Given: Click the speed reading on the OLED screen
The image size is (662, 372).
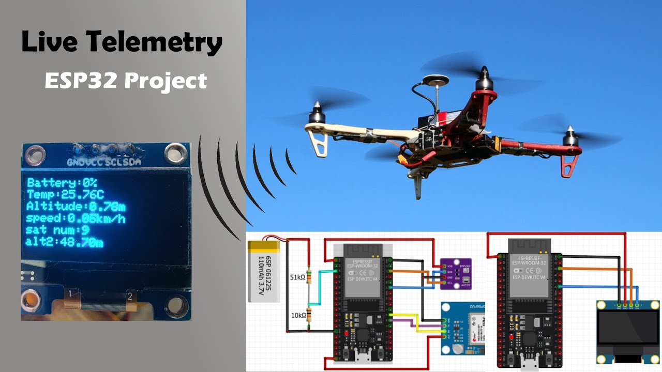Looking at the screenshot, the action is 76,219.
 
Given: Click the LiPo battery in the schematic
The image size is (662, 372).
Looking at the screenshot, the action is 264,271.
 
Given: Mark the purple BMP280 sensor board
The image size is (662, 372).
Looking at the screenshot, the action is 455,272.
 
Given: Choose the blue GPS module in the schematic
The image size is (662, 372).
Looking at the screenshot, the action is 462,329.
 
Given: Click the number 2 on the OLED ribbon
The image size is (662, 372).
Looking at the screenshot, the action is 130,296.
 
